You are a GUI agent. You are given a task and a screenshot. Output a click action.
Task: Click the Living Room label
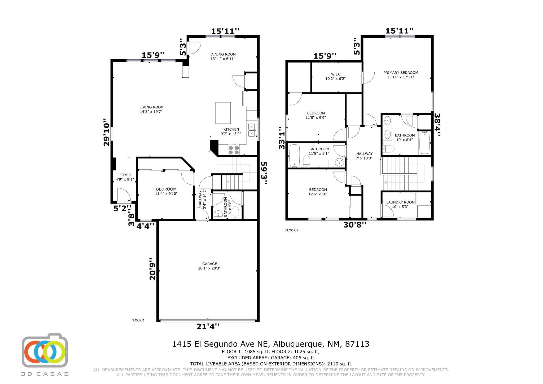(151, 109)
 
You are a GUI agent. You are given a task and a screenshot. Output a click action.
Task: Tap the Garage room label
(209, 266)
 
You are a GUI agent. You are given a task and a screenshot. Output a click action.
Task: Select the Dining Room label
(223, 56)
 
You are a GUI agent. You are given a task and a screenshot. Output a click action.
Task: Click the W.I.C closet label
(335, 76)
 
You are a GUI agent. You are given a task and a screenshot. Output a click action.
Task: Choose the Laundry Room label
(400, 204)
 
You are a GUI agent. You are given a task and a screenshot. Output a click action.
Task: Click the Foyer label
(125, 177)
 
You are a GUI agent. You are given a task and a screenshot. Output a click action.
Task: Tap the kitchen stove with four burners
(234, 150)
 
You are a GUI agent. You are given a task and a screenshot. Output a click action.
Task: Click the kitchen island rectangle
(223, 113)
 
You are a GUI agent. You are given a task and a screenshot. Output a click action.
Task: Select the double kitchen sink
(252, 130)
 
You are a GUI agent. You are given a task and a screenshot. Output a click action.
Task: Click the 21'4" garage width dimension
(208, 326)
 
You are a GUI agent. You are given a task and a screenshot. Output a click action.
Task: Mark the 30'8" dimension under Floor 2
(355, 225)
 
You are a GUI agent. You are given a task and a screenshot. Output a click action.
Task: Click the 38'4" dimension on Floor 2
(437, 125)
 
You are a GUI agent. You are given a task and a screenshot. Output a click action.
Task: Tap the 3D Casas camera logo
(45, 350)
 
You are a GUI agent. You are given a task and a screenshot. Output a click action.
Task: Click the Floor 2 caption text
(292, 230)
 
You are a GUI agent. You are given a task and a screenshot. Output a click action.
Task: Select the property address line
(271, 344)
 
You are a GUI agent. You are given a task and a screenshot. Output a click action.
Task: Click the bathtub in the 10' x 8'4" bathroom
(424, 143)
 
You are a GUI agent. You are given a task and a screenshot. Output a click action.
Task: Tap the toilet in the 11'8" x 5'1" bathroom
(306, 162)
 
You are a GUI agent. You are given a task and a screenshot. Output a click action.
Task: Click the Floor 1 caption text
(138, 320)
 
